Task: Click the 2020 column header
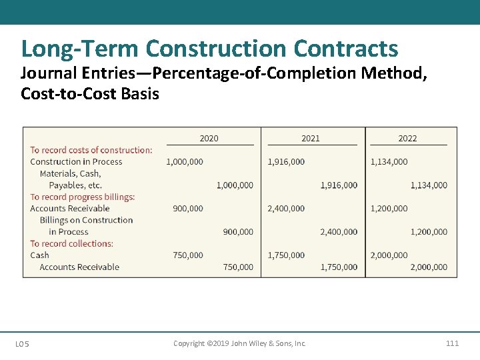pyautogui.click(x=209, y=138)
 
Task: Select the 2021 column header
pyautogui.click(x=310, y=138)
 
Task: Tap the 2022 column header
pyautogui.click(x=407, y=138)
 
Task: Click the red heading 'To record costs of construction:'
pyautogui.click(x=91, y=150)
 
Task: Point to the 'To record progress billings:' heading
pyautogui.click(x=83, y=197)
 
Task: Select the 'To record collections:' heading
pyautogui.click(x=72, y=243)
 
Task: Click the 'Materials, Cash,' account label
pyautogui.click(x=70, y=173)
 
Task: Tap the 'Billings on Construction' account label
pyautogui.click(x=86, y=220)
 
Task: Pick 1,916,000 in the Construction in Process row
pyautogui.click(x=286, y=161)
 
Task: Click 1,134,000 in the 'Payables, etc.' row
pyautogui.click(x=429, y=185)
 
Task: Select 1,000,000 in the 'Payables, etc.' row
pyautogui.click(x=235, y=185)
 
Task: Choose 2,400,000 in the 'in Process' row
pyautogui.click(x=339, y=231)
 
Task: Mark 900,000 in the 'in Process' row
pyautogui.click(x=238, y=231)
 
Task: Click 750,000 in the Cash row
pyautogui.click(x=188, y=255)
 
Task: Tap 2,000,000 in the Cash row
pyautogui.click(x=389, y=255)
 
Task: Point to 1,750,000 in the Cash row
pyautogui.click(x=286, y=255)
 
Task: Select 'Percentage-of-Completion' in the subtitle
pyautogui.click(x=241, y=73)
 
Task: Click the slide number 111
pyautogui.click(x=452, y=343)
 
